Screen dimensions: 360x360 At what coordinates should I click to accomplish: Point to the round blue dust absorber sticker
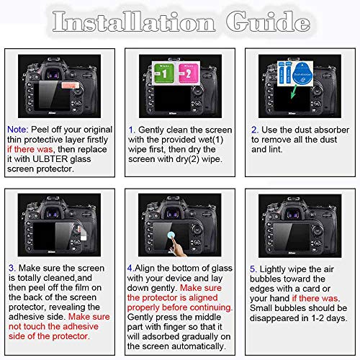coord(303,70)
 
